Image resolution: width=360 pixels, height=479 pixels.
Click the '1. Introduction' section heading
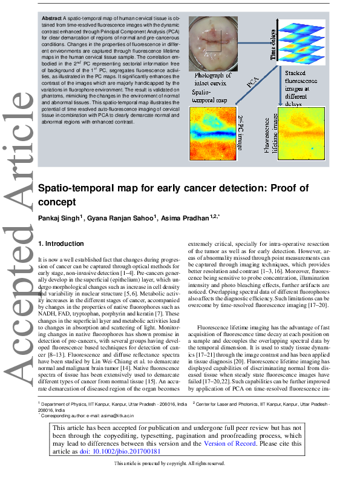click(x=61, y=243)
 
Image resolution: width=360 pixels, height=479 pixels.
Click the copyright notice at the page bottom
click(x=169, y=463)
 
